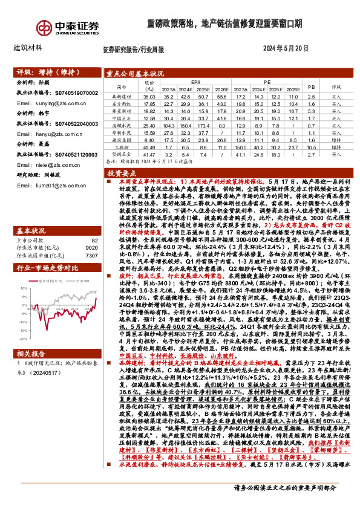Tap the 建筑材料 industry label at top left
[x=27, y=47]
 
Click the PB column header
[x=312, y=86]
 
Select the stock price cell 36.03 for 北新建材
[x=149, y=96]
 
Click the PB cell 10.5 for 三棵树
[x=312, y=148]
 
